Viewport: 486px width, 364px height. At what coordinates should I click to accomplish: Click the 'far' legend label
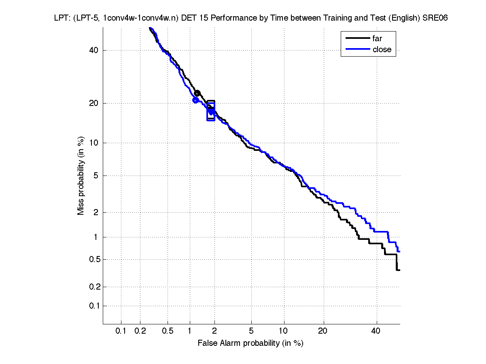pos(377,39)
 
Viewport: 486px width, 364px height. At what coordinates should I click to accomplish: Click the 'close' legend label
pos(382,49)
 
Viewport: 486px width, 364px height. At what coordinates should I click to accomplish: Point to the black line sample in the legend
pos(357,39)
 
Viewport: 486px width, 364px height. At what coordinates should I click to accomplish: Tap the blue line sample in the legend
pos(357,49)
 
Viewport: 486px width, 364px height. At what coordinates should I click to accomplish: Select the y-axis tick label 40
pos(94,50)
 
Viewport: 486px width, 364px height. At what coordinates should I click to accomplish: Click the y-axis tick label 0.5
pos(92,259)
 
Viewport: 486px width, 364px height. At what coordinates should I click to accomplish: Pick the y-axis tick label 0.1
pos(92,306)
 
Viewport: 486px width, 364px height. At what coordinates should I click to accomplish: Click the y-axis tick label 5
pos(96,176)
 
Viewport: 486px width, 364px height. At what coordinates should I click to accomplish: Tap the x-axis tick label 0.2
pos(140,331)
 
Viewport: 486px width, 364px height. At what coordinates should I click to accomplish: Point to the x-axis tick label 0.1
pos(121,331)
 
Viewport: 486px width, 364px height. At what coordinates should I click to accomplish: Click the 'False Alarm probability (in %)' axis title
pos(250,343)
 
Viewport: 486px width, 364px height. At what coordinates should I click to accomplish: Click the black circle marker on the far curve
pos(197,94)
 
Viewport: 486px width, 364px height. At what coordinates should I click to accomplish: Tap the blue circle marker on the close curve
pos(195,100)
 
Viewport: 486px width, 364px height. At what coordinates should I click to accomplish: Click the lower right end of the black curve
pos(399,270)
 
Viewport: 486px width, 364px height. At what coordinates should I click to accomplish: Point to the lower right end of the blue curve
pos(399,252)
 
